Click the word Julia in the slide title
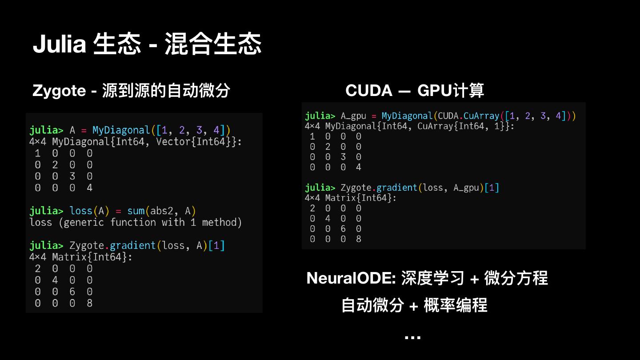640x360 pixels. tap(59, 44)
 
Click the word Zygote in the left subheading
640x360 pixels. tap(59, 91)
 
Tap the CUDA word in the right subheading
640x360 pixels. tap(369, 91)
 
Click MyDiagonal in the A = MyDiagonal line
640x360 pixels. tap(121, 130)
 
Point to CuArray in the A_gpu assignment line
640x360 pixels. tap(480, 116)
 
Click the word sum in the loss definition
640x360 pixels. tap(136, 211)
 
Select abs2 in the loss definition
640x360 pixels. tap(162, 211)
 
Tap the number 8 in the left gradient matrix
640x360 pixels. tap(89, 303)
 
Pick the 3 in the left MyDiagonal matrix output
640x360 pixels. tap(72, 176)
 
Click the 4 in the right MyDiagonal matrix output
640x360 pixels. tap(359, 168)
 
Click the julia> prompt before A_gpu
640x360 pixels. tap(320, 116)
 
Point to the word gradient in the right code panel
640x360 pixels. tap(398, 188)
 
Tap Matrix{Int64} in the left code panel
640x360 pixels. tap(92, 257)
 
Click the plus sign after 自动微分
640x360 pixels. tap(413, 306)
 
